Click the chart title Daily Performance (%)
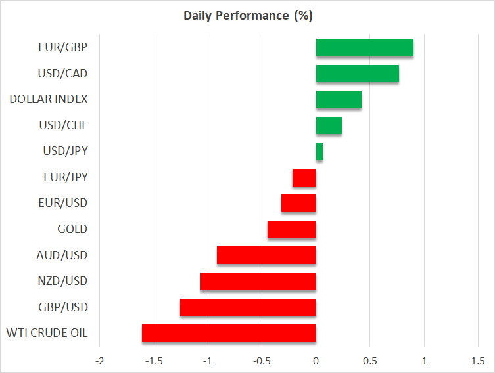[x=248, y=16]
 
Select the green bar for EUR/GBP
[x=364, y=48]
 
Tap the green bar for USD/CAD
[x=357, y=74]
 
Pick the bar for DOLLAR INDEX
[x=339, y=100]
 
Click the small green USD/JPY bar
[x=319, y=152]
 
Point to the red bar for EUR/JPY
[x=304, y=177]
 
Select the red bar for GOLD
[x=291, y=229]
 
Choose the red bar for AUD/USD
[x=266, y=255]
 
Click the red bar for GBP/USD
[x=248, y=307]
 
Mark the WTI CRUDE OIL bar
[x=229, y=334]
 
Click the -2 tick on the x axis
[x=100, y=361]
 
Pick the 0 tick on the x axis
[x=316, y=361]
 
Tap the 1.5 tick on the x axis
[x=478, y=361]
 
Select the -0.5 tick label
[x=262, y=361]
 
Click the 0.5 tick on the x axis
[x=370, y=361]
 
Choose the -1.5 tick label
[x=154, y=361]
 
